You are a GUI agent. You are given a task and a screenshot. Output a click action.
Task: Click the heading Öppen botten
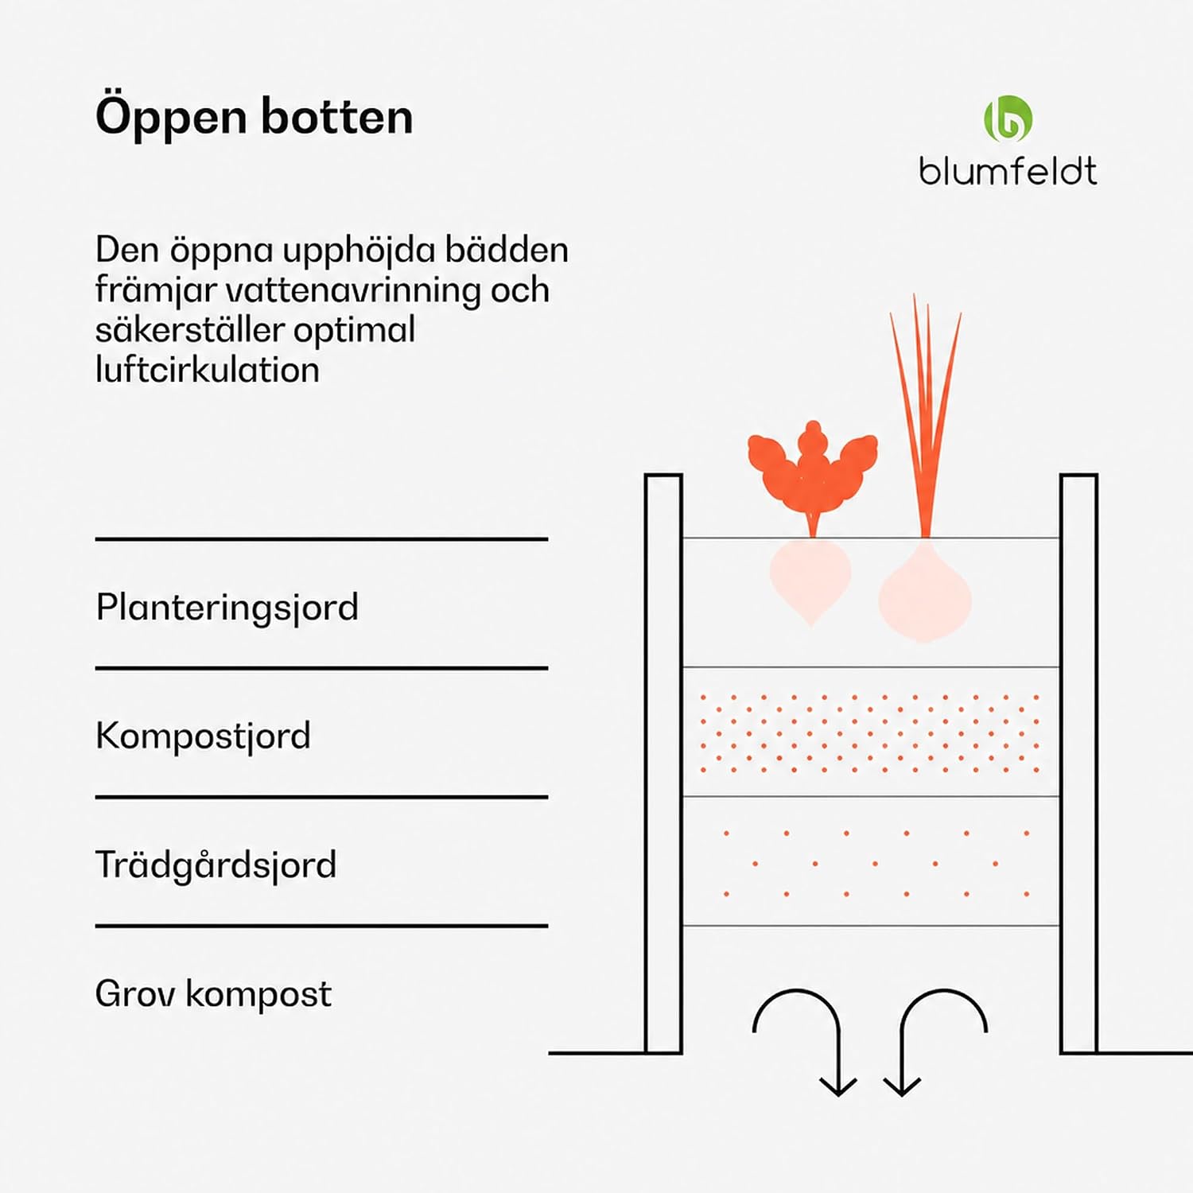254,118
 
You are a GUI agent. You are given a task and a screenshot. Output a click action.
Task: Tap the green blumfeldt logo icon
1008,119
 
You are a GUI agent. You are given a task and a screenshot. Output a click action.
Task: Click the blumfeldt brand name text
1008,171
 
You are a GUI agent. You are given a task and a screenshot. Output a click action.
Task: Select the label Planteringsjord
227,608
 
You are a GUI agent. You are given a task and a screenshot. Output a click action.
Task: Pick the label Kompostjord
203,736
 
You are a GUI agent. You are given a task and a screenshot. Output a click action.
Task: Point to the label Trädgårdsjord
216,865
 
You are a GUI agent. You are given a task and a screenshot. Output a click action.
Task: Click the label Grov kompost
213,994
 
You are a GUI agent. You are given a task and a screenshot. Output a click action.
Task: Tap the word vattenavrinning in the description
353,290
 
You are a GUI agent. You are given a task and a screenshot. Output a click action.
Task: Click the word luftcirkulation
207,370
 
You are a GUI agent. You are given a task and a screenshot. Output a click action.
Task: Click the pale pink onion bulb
924,592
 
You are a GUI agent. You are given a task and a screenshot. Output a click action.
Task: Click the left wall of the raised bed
663,764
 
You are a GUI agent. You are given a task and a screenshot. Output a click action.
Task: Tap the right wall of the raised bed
1079,764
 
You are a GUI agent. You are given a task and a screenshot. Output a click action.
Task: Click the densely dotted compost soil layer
871,733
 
